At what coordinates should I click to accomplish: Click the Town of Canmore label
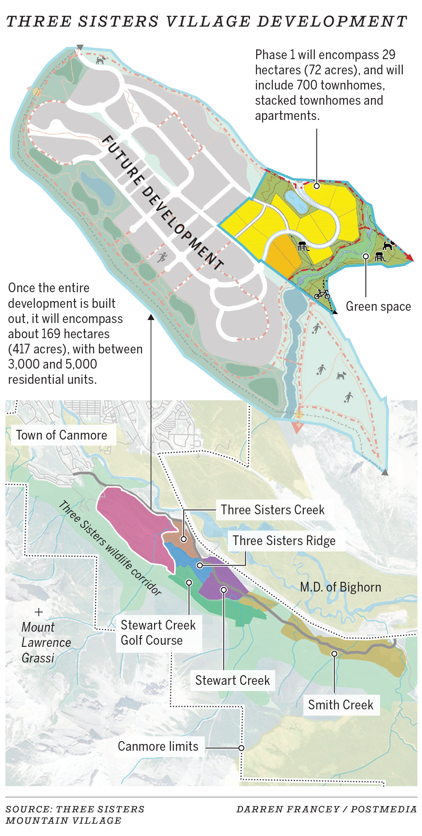pyautogui.click(x=62, y=435)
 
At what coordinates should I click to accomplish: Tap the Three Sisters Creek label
pyautogui.click(x=273, y=510)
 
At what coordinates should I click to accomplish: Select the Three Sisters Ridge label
pyautogui.click(x=284, y=541)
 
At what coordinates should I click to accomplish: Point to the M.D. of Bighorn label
pyautogui.click(x=341, y=587)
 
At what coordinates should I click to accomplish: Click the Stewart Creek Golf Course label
pyautogui.click(x=158, y=633)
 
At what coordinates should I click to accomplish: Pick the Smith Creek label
pyautogui.click(x=341, y=705)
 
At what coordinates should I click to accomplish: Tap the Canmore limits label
pyautogui.click(x=158, y=746)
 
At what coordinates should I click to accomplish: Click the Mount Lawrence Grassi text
pyautogui.click(x=46, y=643)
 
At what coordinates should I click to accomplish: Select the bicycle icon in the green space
pyautogui.click(x=322, y=294)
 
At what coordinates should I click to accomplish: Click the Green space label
pyautogui.click(x=378, y=307)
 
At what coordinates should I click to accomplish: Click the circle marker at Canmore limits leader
pyautogui.click(x=241, y=748)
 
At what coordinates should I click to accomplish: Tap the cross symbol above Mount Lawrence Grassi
pyautogui.click(x=39, y=612)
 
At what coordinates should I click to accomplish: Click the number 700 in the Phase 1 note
pyautogui.click(x=307, y=85)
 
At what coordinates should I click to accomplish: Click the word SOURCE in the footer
pyautogui.click(x=29, y=809)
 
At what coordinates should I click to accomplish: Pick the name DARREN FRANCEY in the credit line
pyautogui.click(x=288, y=809)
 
